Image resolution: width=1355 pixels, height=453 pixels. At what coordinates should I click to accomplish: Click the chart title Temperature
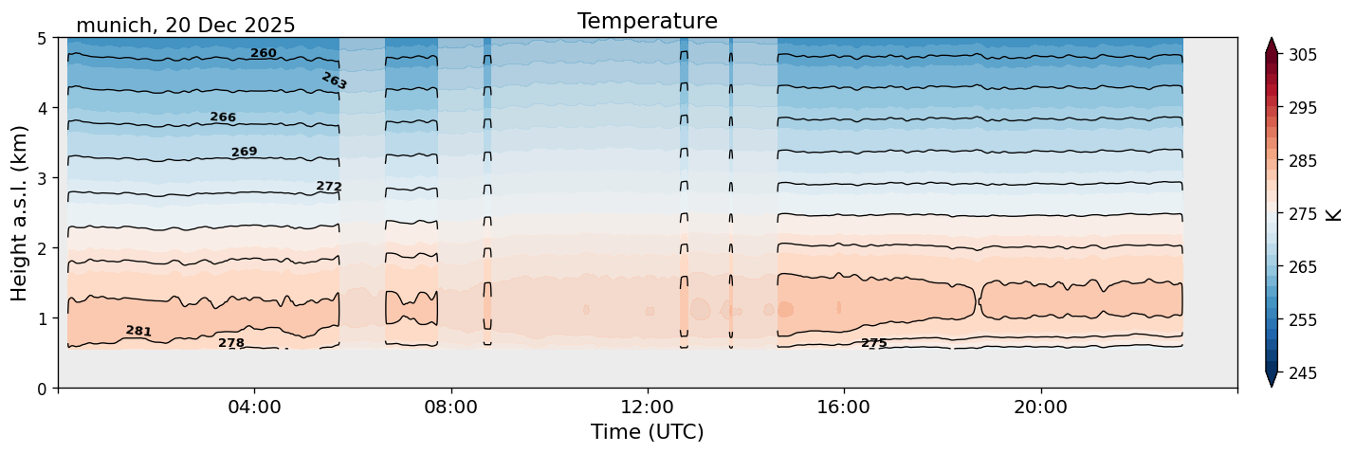(647, 21)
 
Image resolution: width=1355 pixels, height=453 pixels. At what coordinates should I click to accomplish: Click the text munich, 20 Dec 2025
(185, 26)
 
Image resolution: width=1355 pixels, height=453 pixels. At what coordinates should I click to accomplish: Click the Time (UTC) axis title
(647, 432)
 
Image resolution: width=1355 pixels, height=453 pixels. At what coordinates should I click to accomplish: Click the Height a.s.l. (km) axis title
(20, 213)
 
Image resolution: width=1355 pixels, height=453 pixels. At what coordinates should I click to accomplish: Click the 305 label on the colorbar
(1301, 55)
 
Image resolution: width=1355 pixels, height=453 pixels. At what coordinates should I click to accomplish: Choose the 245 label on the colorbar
(1301, 373)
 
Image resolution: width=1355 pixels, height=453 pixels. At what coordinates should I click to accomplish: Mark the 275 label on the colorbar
(1301, 214)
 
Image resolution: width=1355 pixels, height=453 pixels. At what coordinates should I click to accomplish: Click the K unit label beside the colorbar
(1334, 214)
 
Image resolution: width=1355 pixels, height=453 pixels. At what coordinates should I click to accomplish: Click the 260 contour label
(263, 53)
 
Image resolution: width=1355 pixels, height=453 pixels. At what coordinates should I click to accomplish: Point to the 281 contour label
(138, 331)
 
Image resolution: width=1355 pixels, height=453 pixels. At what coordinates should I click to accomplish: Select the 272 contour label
(329, 187)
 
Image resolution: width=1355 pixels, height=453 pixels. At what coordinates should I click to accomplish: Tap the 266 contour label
(223, 118)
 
